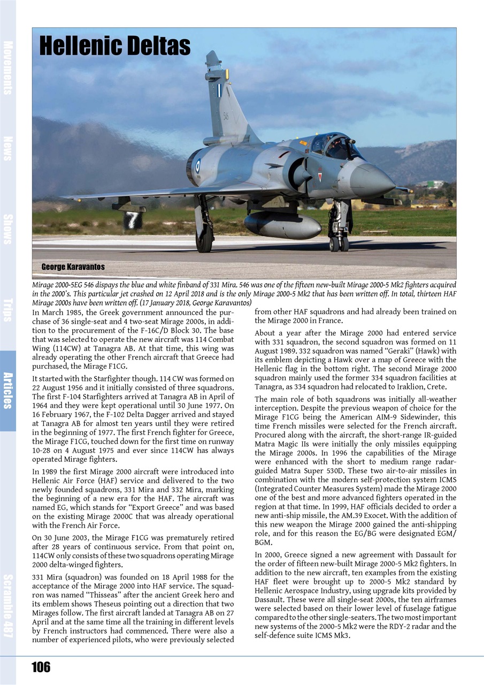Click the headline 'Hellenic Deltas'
pos(115,47)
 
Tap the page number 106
pos(41,667)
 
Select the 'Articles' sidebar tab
pos(8,390)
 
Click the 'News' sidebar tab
pos(8,148)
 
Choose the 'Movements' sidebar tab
pos(8,67)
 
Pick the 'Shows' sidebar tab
pos(8,229)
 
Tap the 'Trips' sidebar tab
pos(8,309)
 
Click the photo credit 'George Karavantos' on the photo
pos(73,267)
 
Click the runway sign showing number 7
pos(132,219)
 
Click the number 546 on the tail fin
pos(226,116)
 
